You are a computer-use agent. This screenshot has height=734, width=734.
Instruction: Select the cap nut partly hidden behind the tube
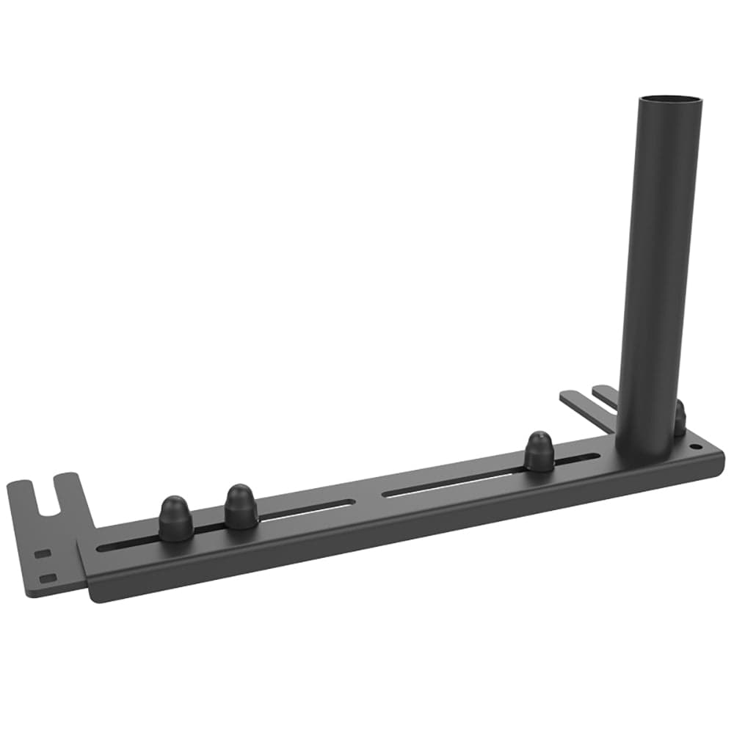click(680, 419)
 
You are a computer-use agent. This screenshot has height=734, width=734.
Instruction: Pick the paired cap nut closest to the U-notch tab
click(175, 518)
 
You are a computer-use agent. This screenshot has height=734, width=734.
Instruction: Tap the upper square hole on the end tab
click(43, 553)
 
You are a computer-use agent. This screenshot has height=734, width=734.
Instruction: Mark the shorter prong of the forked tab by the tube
click(605, 394)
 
